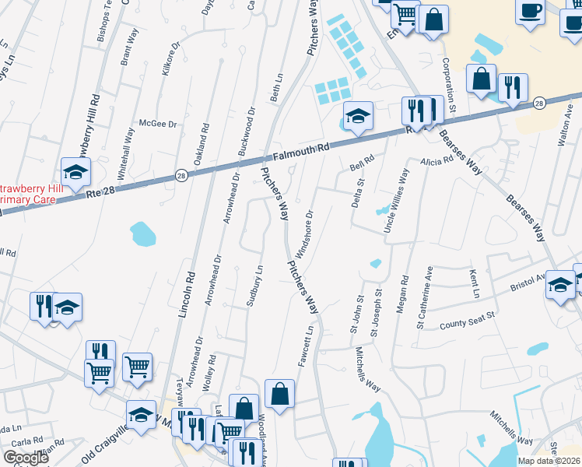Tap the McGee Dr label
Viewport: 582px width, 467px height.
158,124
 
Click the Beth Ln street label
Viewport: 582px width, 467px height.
275,89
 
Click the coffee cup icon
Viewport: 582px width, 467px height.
530,12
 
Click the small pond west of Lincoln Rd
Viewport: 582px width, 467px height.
142,232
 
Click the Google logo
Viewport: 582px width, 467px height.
26,458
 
